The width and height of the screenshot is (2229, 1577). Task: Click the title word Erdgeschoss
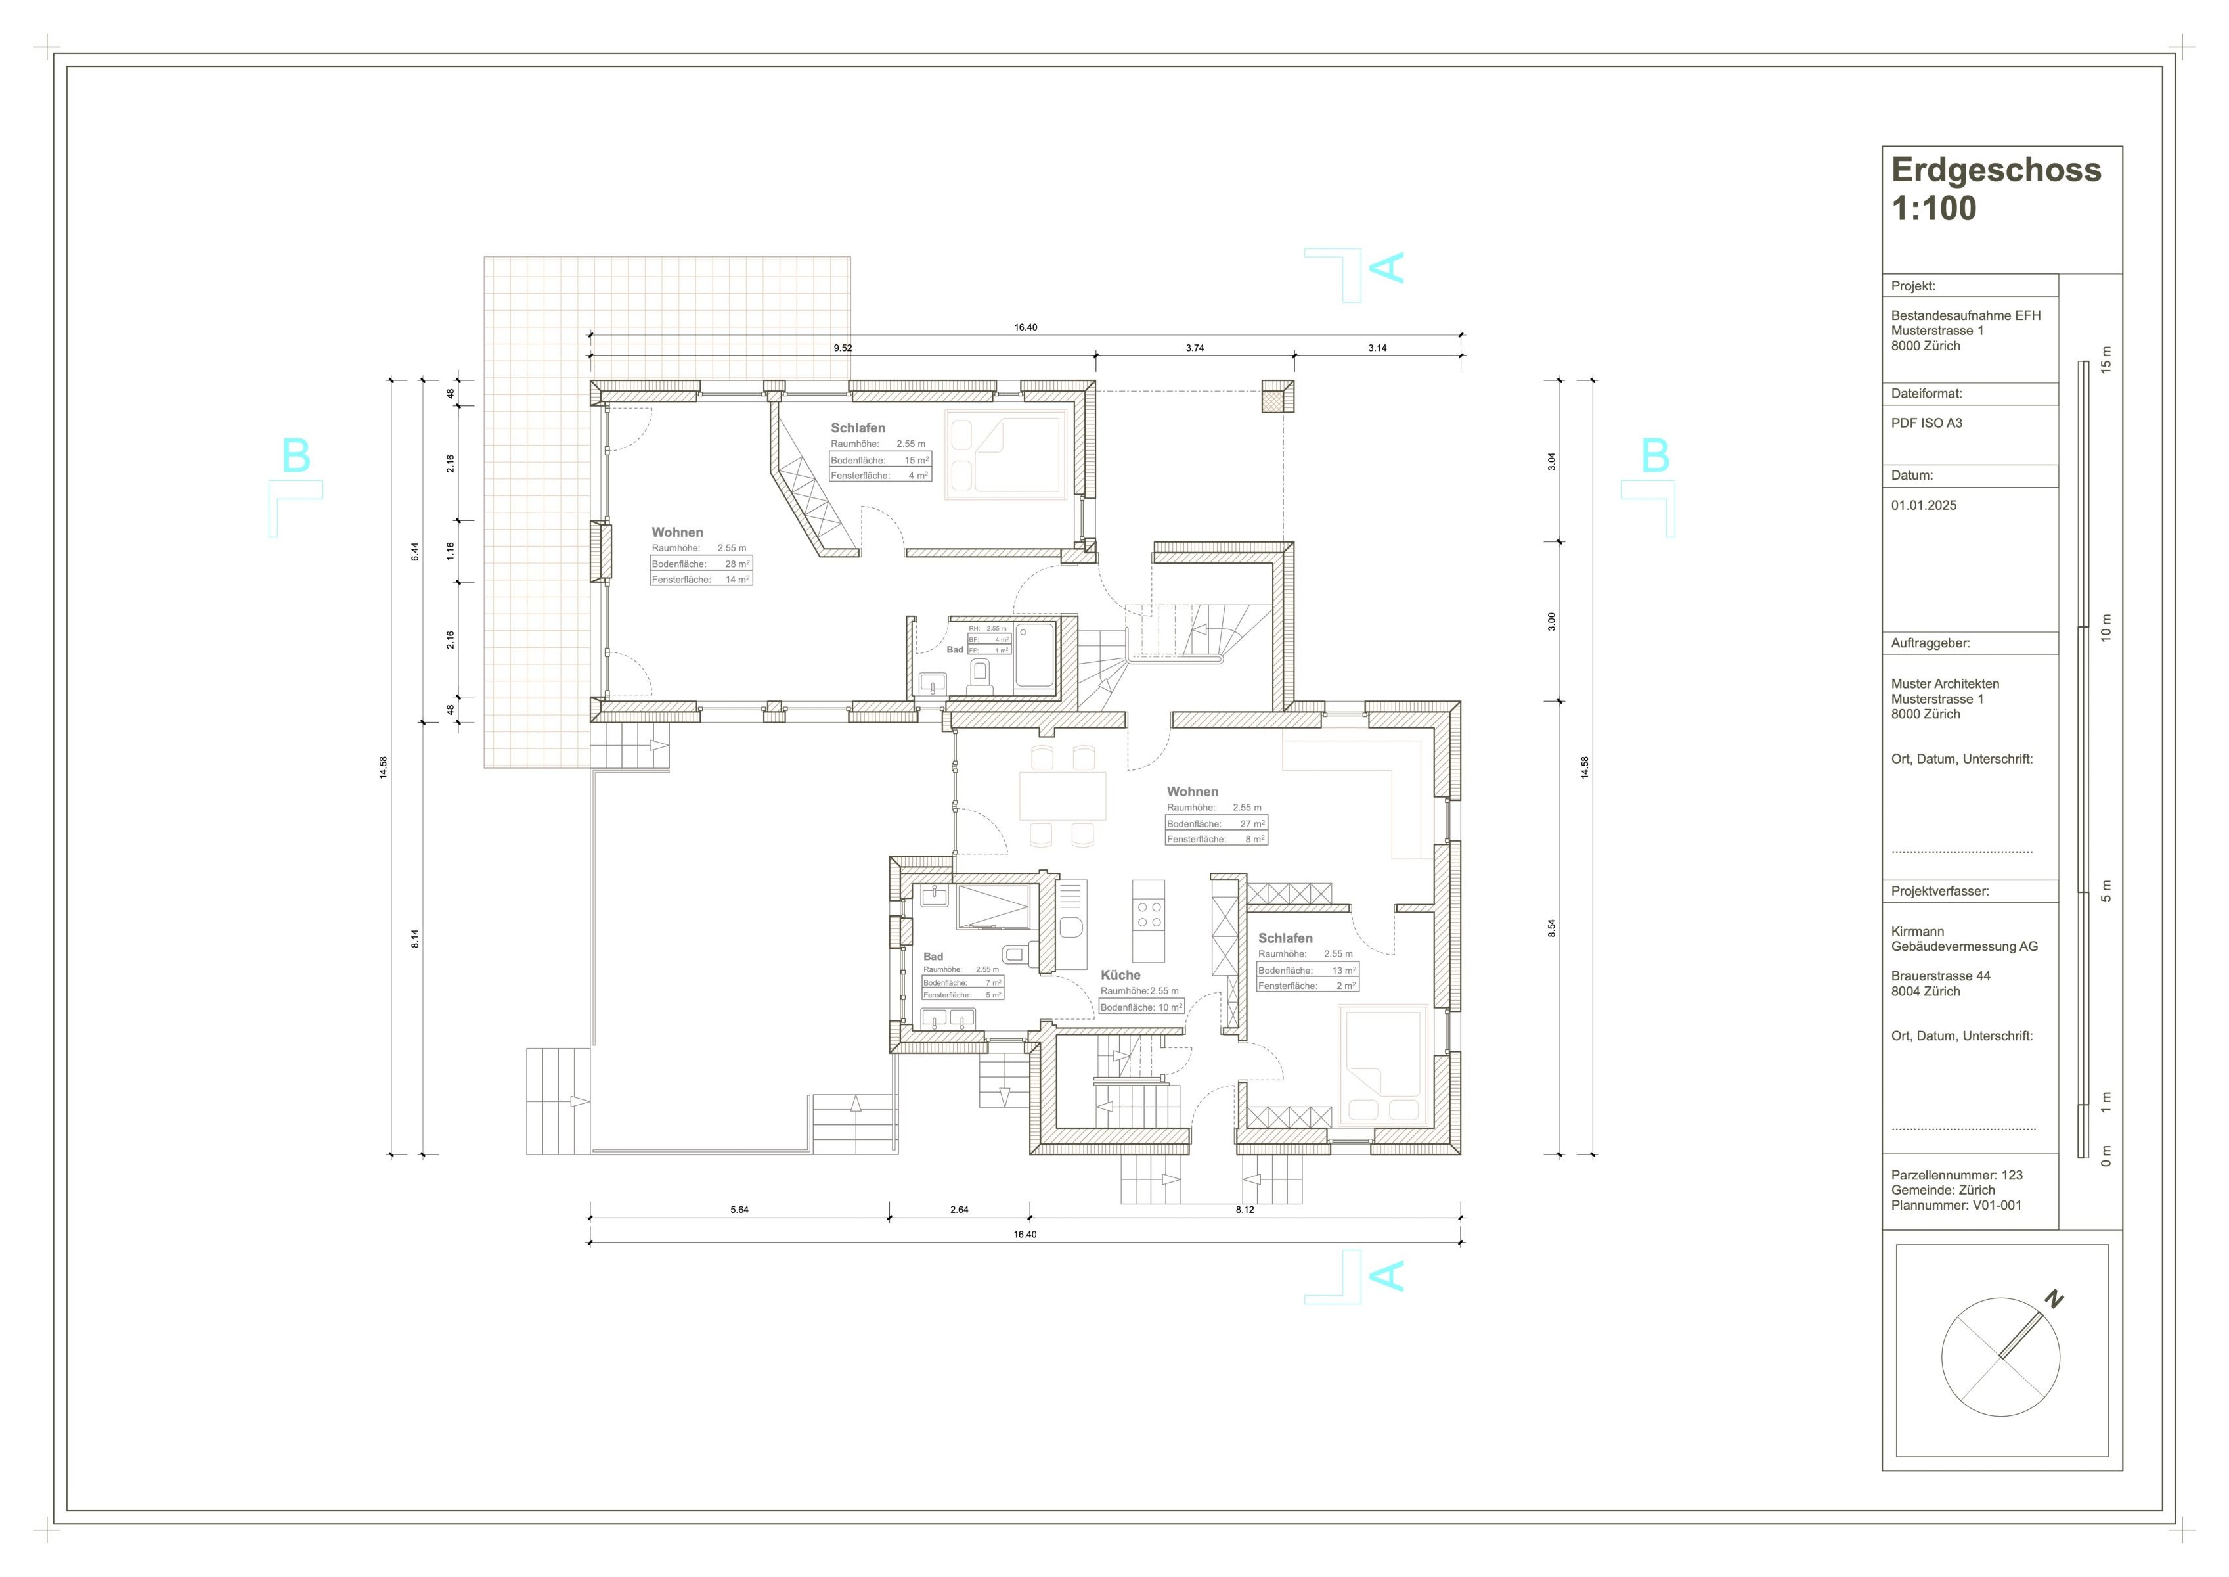(1996, 170)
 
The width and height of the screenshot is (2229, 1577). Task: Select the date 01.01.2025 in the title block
(1923, 505)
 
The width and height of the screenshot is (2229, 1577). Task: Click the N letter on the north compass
(2054, 1298)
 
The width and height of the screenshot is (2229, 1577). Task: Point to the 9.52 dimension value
(843, 348)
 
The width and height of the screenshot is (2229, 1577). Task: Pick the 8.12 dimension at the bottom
(1245, 1210)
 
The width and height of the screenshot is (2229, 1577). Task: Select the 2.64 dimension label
(959, 1210)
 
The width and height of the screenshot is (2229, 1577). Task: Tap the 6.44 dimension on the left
(416, 551)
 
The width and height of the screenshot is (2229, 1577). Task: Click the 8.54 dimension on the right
(1551, 927)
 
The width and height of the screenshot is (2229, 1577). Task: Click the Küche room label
(1120, 975)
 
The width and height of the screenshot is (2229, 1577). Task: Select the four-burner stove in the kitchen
(1149, 915)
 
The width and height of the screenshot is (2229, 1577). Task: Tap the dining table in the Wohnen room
(1063, 795)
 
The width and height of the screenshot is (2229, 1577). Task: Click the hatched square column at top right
(1277, 396)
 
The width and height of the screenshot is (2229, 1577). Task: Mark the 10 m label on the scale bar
(2106, 628)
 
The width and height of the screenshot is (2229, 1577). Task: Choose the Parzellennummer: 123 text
(1957, 1175)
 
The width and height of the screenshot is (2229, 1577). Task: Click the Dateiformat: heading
(1927, 394)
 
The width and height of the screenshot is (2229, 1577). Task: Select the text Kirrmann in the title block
(1917, 931)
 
